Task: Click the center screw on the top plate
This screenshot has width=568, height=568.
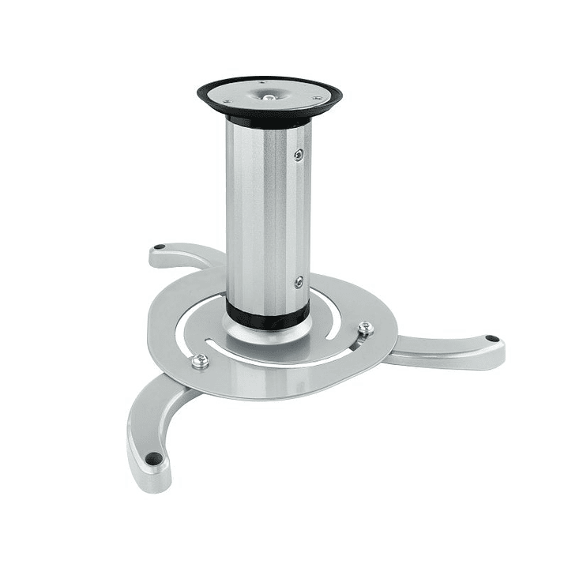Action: (x=269, y=97)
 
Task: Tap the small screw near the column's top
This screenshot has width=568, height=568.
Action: (x=299, y=155)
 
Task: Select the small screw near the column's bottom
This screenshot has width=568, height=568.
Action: (x=299, y=281)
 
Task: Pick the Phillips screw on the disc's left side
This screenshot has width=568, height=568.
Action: (x=200, y=361)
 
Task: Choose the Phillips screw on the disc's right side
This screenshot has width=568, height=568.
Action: (x=364, y=328)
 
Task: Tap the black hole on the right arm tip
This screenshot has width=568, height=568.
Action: (x=491, y=339)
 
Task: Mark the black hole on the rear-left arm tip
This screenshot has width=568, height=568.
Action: (x=160, y=247)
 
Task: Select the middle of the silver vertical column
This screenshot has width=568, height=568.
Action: (x=267, y=213)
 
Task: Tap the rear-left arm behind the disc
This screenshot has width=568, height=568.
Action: (x=186, y=254)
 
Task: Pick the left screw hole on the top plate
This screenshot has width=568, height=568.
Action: (x=227, y=101)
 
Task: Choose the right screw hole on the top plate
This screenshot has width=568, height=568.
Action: (x=318, y=99)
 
